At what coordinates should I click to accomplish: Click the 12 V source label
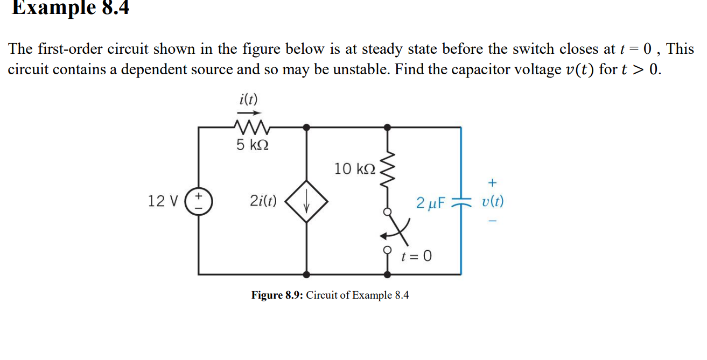click(x=162, y=201)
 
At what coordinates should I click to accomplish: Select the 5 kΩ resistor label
click(x=253, y=145)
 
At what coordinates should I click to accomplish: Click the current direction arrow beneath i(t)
click(x=249, y=112)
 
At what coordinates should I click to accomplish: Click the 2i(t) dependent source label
click(x=263, y=201)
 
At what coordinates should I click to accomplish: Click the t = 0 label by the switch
click(x=416, y=256)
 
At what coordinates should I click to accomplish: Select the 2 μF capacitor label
click(x=431, y=203)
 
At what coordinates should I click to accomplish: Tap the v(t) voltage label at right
click(x=493, y=202)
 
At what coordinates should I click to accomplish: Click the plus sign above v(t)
click(x=492, y=182)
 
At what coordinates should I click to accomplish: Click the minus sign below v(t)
click(x=492, y=221)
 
